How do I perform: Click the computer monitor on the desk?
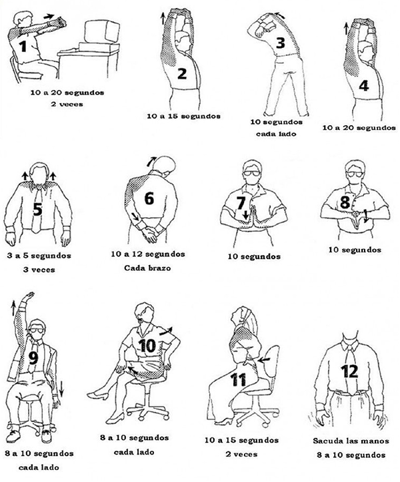101,32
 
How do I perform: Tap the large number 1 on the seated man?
23,47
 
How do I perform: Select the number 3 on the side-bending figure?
280,43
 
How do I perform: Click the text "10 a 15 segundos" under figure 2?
183,117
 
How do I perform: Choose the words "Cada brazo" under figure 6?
147,268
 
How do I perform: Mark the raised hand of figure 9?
30,296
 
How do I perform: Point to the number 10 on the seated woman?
147,346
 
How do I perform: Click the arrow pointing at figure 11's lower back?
264,360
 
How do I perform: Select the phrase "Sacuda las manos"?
351,441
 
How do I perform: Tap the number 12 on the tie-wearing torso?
349,371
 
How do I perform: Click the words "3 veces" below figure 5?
39,270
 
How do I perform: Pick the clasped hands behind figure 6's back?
149,234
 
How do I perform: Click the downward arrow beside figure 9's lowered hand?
61,389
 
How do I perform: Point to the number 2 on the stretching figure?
182,73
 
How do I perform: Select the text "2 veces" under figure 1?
67,104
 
